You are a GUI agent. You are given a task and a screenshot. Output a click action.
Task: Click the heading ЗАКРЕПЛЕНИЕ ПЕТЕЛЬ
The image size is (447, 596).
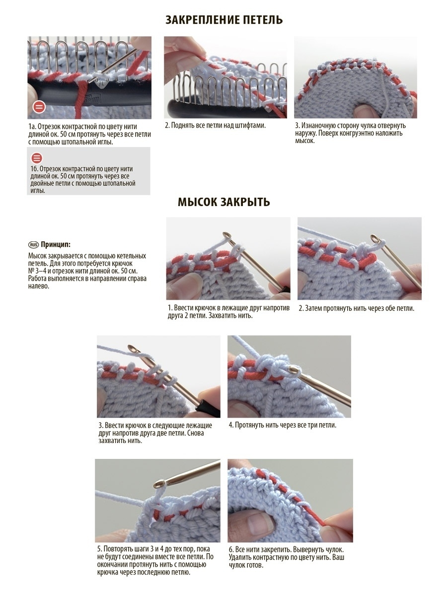(x=224, y=20)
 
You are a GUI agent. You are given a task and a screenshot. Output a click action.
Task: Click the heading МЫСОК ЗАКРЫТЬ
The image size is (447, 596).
(x=223, y=202)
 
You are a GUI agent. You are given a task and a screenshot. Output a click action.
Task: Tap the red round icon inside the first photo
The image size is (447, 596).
(x=39, y=107)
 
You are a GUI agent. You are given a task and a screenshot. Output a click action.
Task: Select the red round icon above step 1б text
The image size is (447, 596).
(x=37, y=158)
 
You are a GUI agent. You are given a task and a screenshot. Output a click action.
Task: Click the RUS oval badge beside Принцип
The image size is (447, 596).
(x=34, y=245)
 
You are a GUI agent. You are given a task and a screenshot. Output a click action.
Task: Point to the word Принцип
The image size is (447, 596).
(x=56, y=245)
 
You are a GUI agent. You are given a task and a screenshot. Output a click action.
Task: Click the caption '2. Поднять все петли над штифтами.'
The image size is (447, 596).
(x=215, y=126)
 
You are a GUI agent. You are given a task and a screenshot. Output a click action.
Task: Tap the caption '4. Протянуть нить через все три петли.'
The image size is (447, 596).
(x=283, y=425)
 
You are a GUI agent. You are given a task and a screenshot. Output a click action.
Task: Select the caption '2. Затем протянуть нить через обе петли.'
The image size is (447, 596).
(x=357, y=308)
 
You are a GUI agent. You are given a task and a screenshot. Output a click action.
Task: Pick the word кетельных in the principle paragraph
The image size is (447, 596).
(x=131, y=256)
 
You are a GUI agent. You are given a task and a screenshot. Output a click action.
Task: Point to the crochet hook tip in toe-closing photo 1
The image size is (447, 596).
(x=226, y=235)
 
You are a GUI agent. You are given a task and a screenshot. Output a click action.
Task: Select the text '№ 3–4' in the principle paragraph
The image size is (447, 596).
(x=37, y=271)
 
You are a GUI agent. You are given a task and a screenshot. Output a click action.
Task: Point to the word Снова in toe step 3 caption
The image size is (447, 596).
(x=195, y=433)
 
